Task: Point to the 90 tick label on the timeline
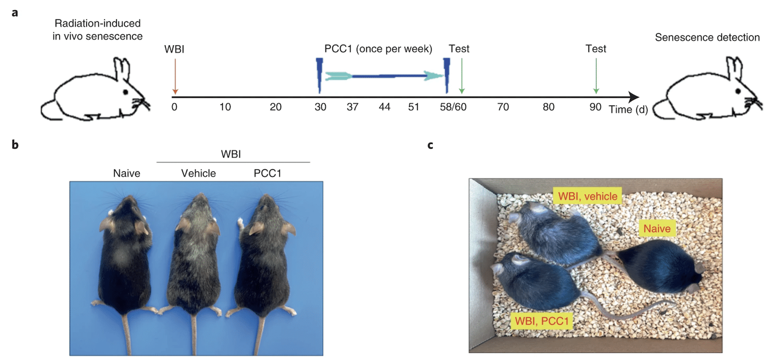[x=595, y=107]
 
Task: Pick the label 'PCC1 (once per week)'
[x=378, y=49]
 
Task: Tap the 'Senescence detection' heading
[x=707, y=38]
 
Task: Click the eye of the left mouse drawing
[x=125, y=92]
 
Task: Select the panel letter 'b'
[x=16, y=145]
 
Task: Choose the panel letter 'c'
[x=430, y=145]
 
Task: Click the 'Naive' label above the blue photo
[x=127, y=174]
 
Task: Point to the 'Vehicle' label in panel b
[x=198, y=174]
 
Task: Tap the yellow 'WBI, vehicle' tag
[x=587, y=196]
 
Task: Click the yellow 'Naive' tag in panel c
[x=656, y=228]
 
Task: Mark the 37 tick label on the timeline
[x=353, y=107]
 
